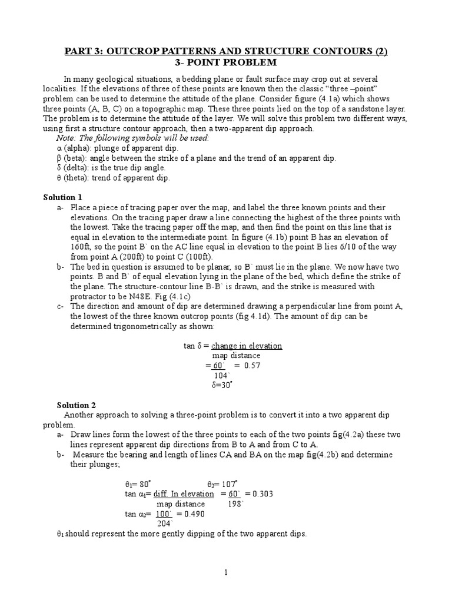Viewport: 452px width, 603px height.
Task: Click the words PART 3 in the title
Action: coord(81,51)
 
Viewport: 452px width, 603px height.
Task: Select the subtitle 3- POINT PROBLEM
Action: coord(226,62)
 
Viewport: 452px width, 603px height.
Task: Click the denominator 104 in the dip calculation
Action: coord(221,375)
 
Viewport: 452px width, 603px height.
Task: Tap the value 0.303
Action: coord(261,493)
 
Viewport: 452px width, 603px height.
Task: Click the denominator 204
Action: coord(164,524)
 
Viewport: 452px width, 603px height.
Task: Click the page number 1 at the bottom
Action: coord(225,572)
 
